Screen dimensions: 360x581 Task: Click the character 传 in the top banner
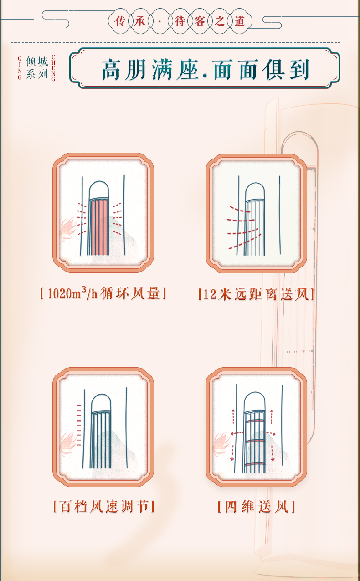pyautogui.click(x=120, y=21)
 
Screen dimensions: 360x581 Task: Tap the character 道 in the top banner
pyautogui.click(x=240, y=21)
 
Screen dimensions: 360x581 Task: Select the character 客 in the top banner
pyautogui.click(x=200, y=21)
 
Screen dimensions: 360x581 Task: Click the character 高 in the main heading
pyautogui.click(x=112, y=70)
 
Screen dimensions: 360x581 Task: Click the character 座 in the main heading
pyautogui.click(x=187, y=70)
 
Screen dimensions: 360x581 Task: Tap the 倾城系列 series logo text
pyautogui.click(x=37, y=67)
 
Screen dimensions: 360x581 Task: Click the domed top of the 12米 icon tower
pyautogui.click(x=255, y=191)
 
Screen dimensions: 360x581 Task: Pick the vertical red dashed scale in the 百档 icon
pyautogui.click(x=79, y=425)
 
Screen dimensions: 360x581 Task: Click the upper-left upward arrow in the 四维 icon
pyautogui.click(x=233, y=416)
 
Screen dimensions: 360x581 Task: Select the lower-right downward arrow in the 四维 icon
pyautogui.click(x=273, y=453)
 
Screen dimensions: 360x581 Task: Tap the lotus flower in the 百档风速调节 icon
pyautogui.click(x=67, y=443)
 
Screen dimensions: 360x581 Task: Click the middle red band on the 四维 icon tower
pyautogui.click(x=255, y=441)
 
